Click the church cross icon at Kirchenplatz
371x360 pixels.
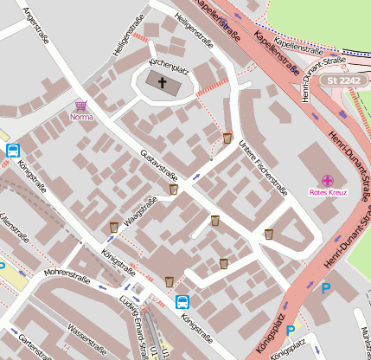point(161,82)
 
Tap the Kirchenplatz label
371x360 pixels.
point(168,66)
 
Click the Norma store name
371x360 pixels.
point(80,117)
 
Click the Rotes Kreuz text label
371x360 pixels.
point(327,192)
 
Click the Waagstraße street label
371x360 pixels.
point(140,212)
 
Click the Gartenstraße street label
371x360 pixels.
point(30,345)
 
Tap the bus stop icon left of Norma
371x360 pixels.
point(13,150)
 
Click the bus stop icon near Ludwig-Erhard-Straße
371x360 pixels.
point(182,301)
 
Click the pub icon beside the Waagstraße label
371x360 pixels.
point(113,227)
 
